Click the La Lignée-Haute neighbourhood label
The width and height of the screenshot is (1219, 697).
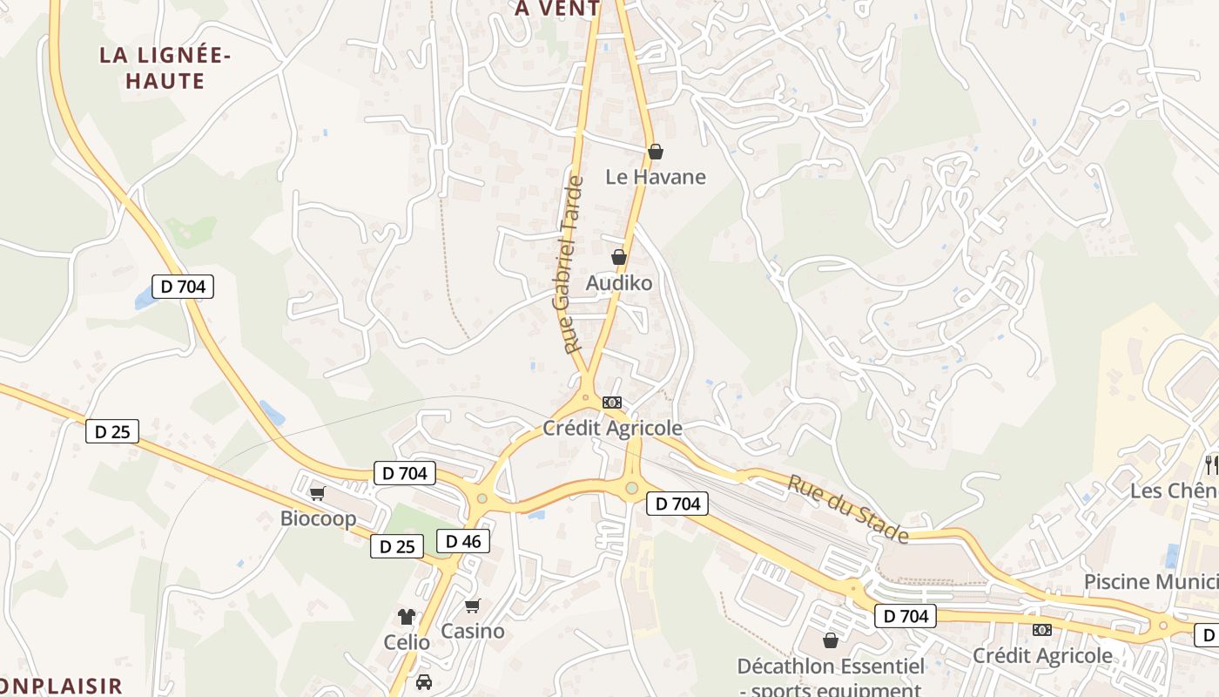click(165, 68)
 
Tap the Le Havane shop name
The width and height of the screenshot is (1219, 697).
click(656, 177)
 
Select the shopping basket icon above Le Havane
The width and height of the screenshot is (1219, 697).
click(656, 152)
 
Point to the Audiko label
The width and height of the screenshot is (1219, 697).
click(618, 283)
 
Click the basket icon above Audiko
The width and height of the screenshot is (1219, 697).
click(618, 257)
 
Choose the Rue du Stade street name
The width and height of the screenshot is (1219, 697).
click(849, 509)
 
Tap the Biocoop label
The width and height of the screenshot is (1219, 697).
click(318, 518)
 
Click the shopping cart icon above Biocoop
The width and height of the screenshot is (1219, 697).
click(317, 493)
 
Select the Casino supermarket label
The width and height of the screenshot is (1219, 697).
click(472, 631)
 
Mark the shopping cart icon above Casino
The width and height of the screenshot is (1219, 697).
click(472, 606)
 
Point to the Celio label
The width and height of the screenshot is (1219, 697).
click(407, 642)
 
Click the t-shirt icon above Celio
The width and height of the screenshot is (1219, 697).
click(406, 617)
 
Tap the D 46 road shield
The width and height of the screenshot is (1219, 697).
click(462, 541)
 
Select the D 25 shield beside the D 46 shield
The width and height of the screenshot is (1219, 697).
click(397, 546)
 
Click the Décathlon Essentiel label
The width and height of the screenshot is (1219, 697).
click(831, 667)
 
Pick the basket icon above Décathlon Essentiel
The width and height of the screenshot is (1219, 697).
click(830, 640)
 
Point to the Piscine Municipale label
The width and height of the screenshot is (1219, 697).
click(1150, 581)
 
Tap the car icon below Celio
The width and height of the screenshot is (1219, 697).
click(424, 681)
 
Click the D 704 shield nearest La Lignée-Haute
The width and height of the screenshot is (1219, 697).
click(183, 286)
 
